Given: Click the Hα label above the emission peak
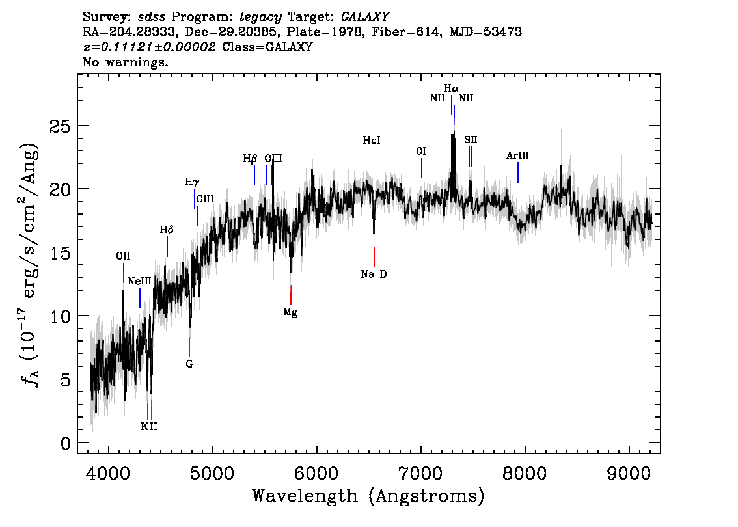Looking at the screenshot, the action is click(451, 88).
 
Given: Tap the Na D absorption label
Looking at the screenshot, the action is click(374, 274).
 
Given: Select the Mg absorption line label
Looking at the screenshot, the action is click(290, 312).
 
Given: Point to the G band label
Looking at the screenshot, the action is click(189, 364).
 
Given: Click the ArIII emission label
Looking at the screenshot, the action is click(517, 155).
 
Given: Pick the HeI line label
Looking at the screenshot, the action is click(372, 141).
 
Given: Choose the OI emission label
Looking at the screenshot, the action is click(421, 151).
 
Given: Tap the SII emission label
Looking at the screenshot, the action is click(470, 140).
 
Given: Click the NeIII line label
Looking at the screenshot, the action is click(139, 281).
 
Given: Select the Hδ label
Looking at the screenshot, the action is click(167, 230).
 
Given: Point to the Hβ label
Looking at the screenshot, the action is click(250, 159).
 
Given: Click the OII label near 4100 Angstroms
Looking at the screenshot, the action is click(123, 256).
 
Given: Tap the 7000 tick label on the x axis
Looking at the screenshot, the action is click(420, 473).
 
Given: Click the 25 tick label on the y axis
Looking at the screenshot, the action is click(61, 126).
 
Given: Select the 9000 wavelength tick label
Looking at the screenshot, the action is click(628, 473).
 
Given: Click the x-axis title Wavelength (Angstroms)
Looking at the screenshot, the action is click(368, 496).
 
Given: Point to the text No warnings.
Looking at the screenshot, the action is click(125, 62).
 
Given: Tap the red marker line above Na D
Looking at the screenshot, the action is click(374, 257).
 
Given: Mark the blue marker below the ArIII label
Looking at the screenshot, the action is click(518, 172).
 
